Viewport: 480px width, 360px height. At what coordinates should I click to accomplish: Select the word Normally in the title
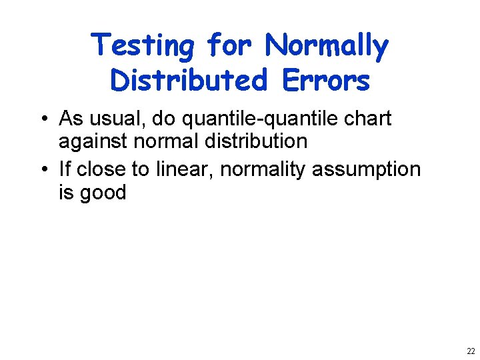[326, 46]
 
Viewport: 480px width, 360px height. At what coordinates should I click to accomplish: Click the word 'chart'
[367, 119]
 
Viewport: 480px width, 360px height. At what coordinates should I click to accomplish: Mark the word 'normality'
[263, 169]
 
